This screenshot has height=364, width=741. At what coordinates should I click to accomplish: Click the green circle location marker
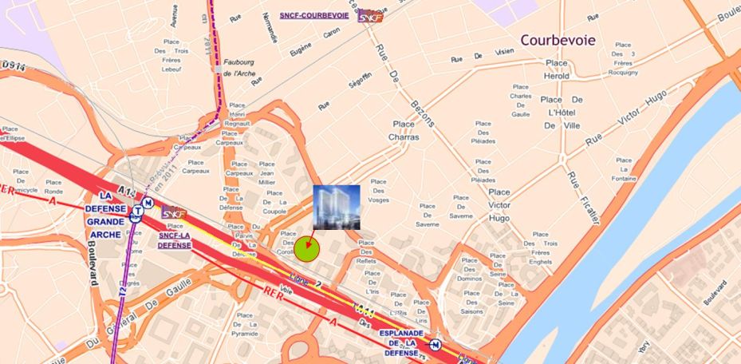[x=307, y=249]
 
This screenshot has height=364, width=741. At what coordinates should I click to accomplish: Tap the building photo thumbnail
[x=337, y=207]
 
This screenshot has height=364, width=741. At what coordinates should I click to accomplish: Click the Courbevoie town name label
[x=558, y=40]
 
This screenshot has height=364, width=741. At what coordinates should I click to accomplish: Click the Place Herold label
[x=557, y=69]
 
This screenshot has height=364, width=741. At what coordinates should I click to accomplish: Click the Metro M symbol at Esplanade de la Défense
[x=435, y=345]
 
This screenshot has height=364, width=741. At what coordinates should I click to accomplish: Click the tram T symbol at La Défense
[x=138, y=212]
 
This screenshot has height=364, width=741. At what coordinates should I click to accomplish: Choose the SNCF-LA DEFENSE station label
[x=174, y=239]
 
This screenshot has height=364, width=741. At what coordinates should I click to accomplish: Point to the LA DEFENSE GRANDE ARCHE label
[x=105, y=216]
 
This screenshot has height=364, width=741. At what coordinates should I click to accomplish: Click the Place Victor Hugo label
[x=499, y=204]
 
